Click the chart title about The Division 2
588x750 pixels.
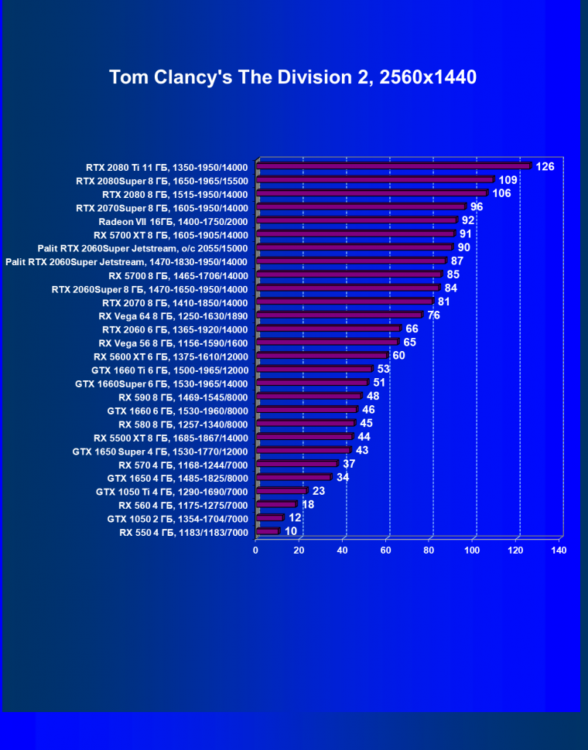292,77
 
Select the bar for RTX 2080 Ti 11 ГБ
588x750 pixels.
392,165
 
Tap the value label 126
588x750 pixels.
545,166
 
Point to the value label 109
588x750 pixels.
508,179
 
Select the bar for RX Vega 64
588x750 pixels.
339,315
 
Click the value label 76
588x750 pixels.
433,315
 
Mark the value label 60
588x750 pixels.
399,356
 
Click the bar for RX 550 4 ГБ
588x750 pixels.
267,531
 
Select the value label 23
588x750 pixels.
319,490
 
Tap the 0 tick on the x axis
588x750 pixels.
256,550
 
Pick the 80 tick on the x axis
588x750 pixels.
429,550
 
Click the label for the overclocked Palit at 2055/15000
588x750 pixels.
142,248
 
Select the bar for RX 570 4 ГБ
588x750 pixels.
296,464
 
